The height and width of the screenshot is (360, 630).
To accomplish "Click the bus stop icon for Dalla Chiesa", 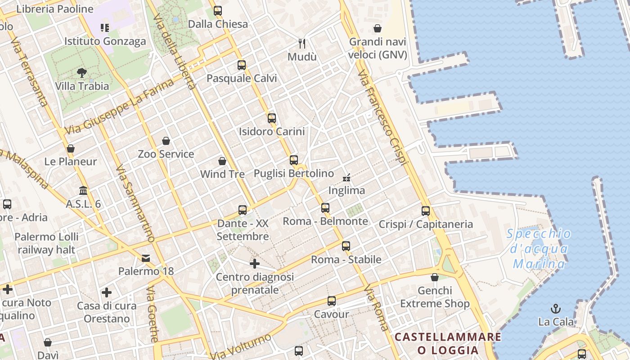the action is coord(218,11).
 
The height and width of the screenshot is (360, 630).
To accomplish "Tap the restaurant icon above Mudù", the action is coord(302,44).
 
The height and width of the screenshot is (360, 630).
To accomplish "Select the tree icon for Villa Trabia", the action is coord(82,73).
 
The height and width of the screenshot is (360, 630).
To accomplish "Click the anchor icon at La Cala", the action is coord(556,309).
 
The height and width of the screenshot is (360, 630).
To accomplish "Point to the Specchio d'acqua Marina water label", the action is coord(539,248).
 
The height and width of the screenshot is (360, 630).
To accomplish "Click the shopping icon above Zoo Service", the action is coord(166,141).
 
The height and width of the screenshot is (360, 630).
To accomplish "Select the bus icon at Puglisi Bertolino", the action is coord(294,160).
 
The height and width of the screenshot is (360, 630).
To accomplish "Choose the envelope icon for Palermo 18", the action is coord(146,258).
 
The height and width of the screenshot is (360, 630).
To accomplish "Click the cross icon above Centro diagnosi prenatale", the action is coord(255,264).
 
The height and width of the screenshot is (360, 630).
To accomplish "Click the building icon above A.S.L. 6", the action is coord(83,191).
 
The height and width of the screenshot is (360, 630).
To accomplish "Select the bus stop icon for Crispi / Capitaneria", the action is coord(426,211).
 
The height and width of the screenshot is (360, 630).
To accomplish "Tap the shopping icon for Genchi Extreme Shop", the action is coord(435,277).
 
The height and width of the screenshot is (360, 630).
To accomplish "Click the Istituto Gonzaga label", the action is coord(105,41).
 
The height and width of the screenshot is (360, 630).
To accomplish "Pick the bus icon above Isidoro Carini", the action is coord(272,118).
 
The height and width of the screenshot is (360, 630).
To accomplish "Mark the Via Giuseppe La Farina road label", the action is coord(119,107).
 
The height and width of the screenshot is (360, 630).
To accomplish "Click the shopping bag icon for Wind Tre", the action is coord(222,161).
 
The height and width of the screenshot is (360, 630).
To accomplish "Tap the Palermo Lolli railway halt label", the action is coord(46,243).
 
